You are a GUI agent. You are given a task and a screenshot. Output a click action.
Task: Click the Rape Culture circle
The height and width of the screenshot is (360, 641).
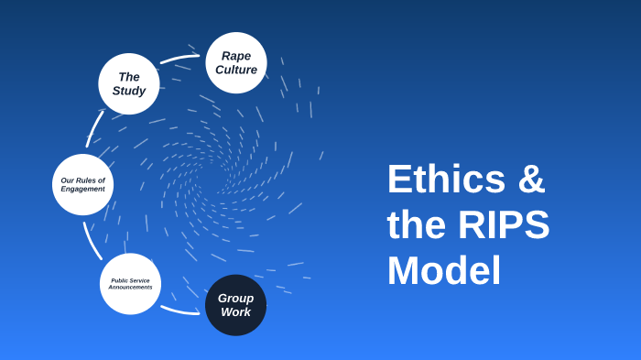(x=236, y=62)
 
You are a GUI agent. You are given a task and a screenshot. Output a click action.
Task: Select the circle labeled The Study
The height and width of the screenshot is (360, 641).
(x=129, y=83)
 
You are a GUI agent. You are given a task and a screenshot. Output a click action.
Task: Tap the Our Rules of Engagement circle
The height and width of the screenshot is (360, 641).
(x=82, y=184)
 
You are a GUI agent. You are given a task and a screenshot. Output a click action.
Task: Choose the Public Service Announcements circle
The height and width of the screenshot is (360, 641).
(x=130, y=284)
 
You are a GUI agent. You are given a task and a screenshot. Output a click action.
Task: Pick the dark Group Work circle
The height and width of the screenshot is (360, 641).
(x=235, y=305)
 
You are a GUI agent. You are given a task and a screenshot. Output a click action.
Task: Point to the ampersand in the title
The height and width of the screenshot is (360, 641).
(x=531, y=180)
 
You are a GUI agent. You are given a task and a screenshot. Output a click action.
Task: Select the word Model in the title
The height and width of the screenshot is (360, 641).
(x=444, y=271)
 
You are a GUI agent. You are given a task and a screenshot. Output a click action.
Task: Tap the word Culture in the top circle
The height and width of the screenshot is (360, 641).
(x=236, y=70)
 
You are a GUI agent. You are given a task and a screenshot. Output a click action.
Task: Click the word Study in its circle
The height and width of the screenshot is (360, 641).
(x=129, y=91)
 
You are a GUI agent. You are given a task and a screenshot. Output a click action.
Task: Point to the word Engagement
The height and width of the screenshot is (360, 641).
(x=82, y=189)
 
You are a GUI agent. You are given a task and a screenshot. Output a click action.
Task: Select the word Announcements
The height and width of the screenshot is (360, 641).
(x=130, y=288)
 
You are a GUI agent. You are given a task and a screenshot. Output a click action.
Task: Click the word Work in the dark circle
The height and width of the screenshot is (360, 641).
(x=235, y=312)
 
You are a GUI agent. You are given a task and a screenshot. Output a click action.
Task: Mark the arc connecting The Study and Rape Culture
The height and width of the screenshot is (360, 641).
(x=179, y=59)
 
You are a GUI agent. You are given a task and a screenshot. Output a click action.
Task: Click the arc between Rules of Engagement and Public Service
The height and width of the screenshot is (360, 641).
(x=92, y=241)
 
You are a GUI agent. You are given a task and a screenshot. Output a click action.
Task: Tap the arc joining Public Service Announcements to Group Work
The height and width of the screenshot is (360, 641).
(x=179, y=311)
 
